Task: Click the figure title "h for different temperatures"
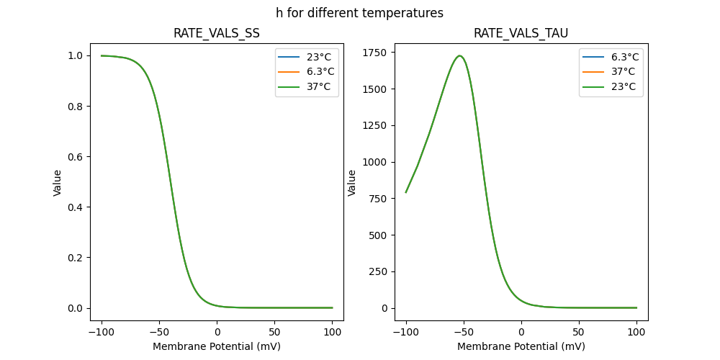(x=359, y=13)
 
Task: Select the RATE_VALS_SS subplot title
(x=217, y=33)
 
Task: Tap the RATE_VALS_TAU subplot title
(x=521, y=33)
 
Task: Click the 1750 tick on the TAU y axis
(x=374, y=53)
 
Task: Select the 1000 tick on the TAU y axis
(x=374, y=162)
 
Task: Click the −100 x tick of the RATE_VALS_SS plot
(x=101, y=332)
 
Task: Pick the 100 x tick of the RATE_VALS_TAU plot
(x=636, y=332)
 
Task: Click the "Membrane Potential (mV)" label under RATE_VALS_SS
(x=217, y=346)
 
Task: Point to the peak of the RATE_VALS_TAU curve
(x=459, y=56)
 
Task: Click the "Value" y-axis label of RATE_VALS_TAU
(x=352, y=183)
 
